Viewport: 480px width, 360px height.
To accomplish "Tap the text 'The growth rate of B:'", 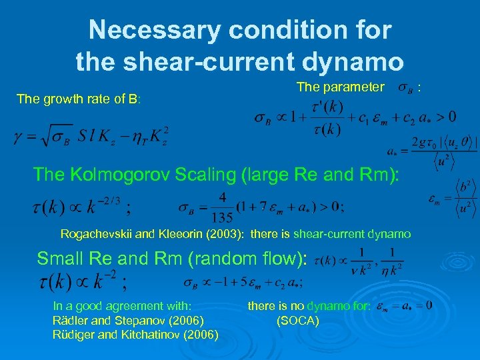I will click(79, 99).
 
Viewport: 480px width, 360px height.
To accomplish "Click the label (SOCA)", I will click(297, 321).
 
